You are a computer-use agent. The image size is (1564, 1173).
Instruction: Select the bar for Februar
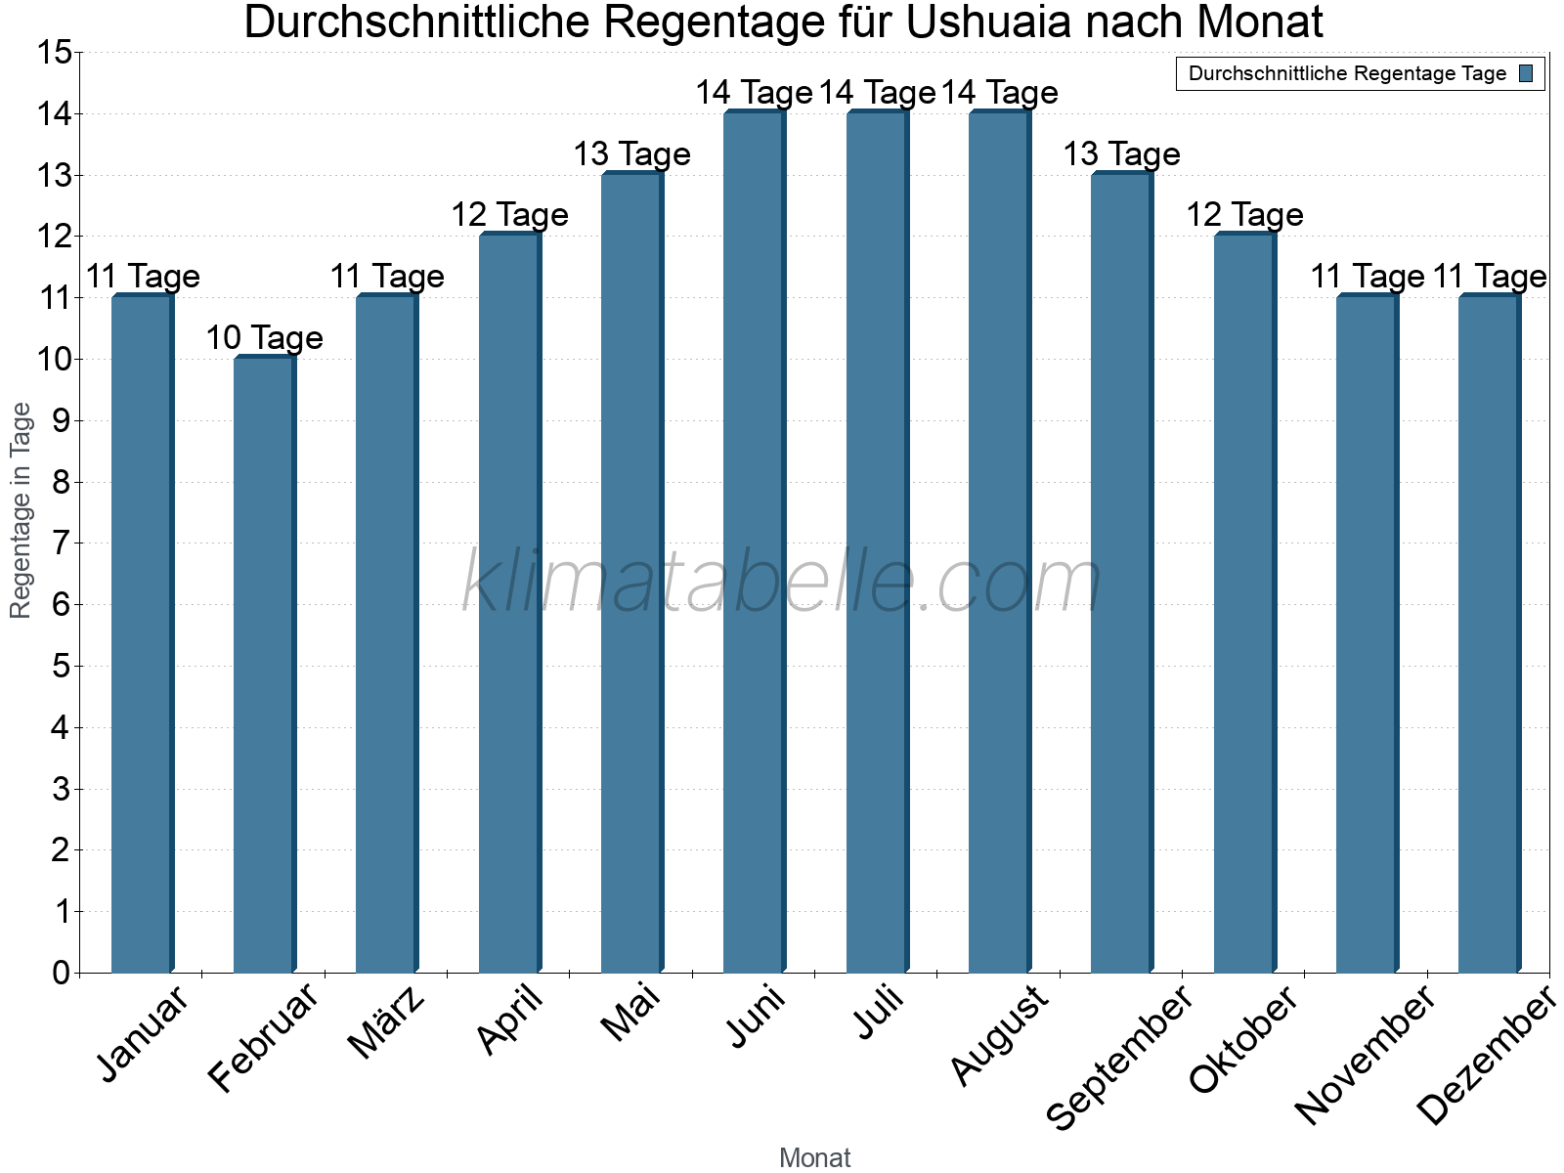point(264,665)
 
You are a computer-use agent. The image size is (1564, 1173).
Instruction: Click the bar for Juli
point(877,543)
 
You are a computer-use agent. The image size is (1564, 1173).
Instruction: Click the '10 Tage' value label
point(264,338)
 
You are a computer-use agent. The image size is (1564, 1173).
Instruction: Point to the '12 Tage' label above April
point(509,215)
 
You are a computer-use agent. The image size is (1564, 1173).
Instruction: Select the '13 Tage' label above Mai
point(631,154)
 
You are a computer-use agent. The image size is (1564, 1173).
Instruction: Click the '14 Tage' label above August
point(999,93)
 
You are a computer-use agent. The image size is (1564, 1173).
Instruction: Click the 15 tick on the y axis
point(55,53)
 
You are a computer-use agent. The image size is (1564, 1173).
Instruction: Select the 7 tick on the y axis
point(62,543)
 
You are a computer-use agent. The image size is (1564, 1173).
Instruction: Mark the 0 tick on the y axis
point(62,973)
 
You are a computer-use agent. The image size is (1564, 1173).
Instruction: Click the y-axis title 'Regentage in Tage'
point(21,510)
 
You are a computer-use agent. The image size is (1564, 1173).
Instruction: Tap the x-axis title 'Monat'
point(814,1158)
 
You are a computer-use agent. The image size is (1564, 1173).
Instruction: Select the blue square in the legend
point(1526,73)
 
